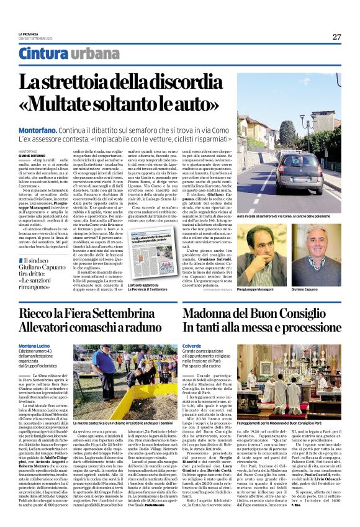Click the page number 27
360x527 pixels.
click(336, 37)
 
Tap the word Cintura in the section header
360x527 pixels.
click(40, 54)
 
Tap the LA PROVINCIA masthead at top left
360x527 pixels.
click(29, 34)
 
